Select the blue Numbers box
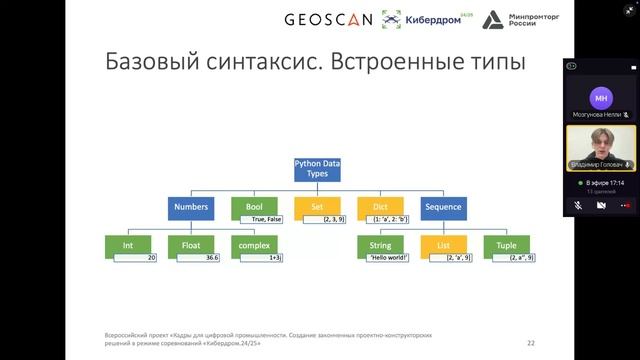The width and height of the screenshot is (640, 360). [190, 207]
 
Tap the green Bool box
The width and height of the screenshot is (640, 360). [247, 207]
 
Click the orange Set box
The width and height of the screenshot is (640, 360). [317, 207]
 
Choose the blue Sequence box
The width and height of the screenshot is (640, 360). [442, 207]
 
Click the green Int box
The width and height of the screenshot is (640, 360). [128, 245]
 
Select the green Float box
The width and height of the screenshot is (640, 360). [191, 245]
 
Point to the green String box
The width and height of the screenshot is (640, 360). [379, 245]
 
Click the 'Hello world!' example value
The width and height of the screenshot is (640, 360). [388, 257]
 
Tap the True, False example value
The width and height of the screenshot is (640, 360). [265, 218]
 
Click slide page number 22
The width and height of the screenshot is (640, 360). [530, 342]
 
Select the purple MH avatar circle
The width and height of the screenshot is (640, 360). [600, 98]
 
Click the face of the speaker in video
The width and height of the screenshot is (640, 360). [601, 139]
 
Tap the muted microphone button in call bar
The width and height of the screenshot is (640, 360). [579, 204]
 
